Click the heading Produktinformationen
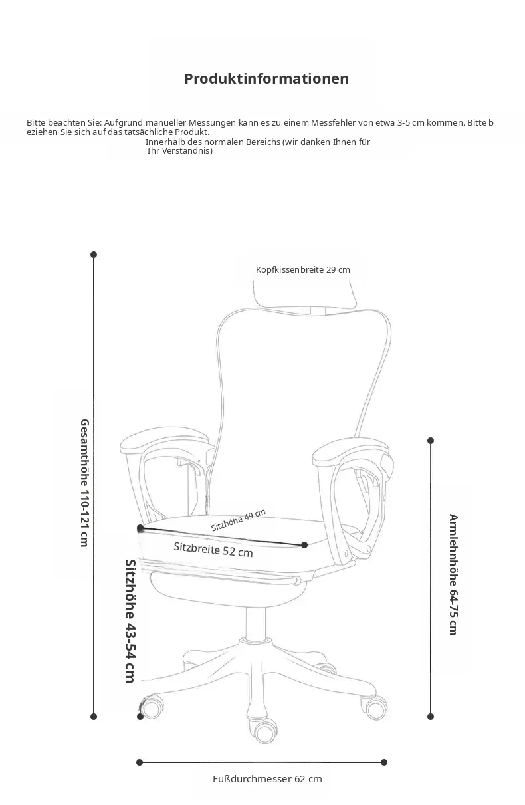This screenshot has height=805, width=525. coord(266,79)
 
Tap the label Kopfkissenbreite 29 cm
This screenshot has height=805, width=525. coord(302,269)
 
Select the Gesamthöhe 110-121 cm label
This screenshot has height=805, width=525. coord(84,483)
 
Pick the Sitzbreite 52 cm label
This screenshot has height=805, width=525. coord(213,550)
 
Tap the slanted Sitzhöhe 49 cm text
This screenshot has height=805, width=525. coord(239,520)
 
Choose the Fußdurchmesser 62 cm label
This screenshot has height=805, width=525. coord(267,779)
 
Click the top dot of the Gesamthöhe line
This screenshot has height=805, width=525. coord(94,255)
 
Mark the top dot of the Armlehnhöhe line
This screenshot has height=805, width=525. coord(431,441)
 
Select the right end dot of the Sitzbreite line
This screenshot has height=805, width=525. coord(304,545)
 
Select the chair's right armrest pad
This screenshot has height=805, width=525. coord(350,449)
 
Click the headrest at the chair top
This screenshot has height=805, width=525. coord(305,294)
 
